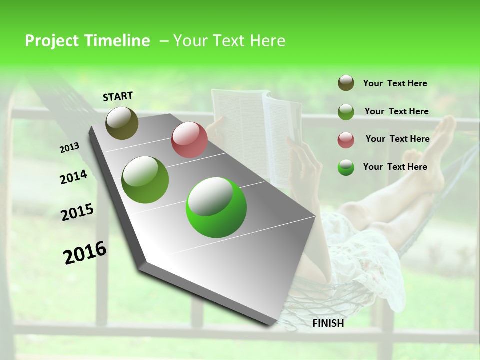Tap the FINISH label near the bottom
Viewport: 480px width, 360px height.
[x=328, y=323]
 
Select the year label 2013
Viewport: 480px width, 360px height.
[x=69, y=148]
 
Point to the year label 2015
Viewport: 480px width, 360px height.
[x=77, y=212]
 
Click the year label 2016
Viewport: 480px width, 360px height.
[x=85, y=253]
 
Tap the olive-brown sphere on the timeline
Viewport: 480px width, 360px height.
[x=122, y=123]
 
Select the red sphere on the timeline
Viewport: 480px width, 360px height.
[x=189, y=140]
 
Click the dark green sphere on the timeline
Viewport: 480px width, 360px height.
[x=145, y=180]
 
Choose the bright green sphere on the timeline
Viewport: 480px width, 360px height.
[x=216, y=207]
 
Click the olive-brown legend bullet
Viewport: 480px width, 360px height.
[x=346, y=83]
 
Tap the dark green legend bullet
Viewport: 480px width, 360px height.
[x=346, y=111]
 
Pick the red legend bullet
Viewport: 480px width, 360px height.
[x=346, y=139]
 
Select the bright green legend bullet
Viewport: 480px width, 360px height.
[x=346, y=167]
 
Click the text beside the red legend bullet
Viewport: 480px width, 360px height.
[x=397, y=139]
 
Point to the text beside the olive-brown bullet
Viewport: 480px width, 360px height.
[x=395, y=83]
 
